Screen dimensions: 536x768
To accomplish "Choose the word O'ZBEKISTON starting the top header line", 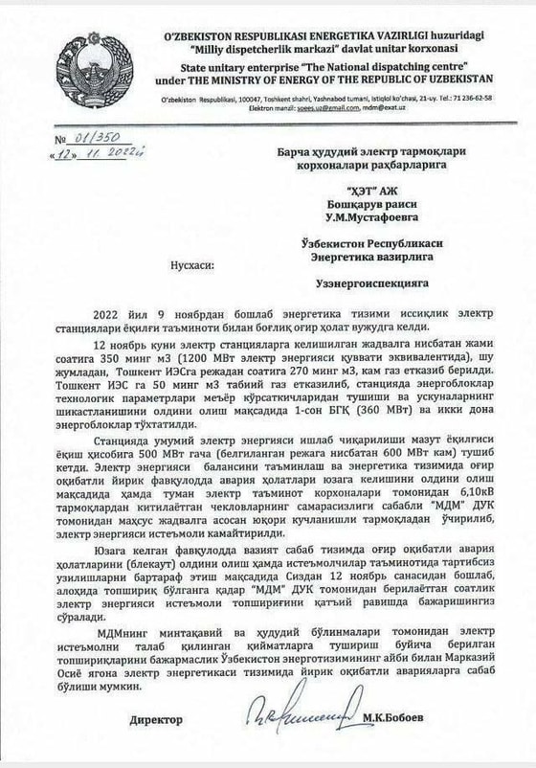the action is click(x=199, y=32).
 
